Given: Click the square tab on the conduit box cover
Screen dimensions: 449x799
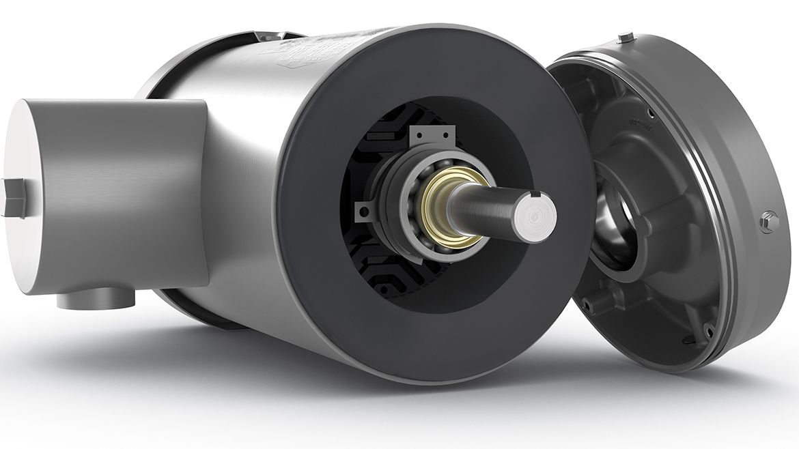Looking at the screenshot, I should click(13, 197).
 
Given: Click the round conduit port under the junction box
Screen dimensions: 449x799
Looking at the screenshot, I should click(96, 299).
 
